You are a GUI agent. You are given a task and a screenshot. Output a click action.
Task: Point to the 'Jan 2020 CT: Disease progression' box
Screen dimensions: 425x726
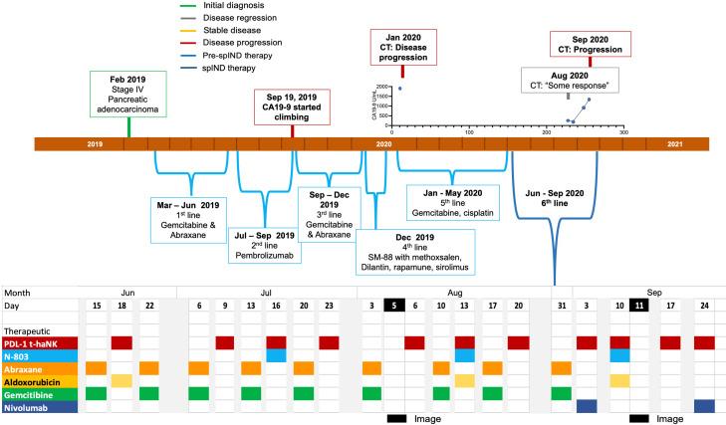(402, 46)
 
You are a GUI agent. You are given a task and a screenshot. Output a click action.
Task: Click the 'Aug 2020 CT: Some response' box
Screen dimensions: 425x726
(568, 80)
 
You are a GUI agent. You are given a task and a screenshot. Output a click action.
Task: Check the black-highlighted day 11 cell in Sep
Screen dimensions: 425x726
(637, 307)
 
